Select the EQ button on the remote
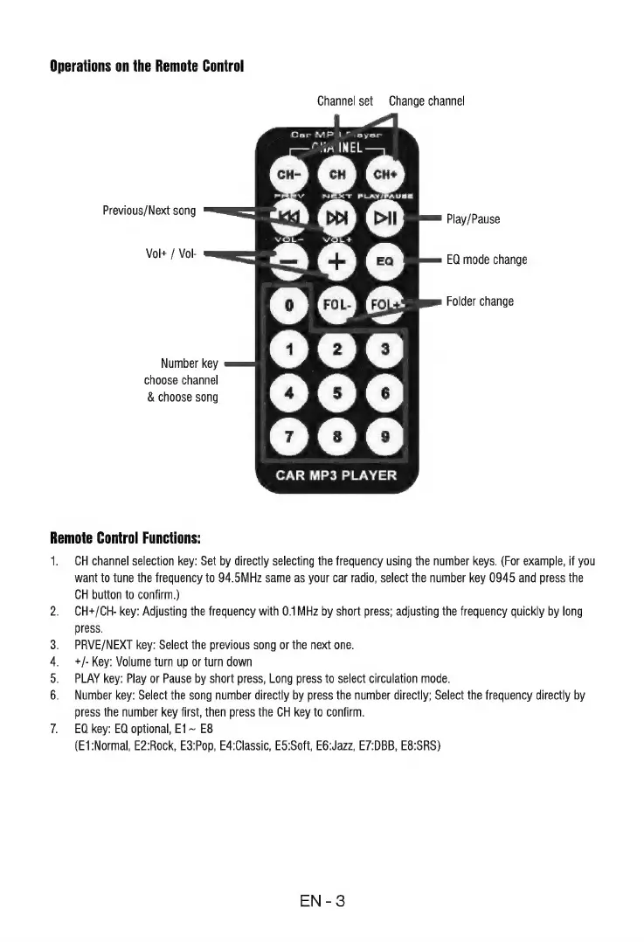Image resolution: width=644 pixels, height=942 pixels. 385,260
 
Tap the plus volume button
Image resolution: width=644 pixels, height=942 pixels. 336,260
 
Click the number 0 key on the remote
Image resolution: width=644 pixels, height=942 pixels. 287,306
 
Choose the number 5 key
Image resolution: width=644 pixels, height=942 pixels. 336,391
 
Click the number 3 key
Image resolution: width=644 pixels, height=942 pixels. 385,350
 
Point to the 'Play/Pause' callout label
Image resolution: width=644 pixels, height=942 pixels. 473,218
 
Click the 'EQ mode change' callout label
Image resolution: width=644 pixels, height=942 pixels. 487,260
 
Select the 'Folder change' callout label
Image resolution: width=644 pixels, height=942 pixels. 480,301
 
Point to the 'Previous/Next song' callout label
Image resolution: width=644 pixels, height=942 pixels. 149,211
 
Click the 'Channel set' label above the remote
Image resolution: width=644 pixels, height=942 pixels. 345,100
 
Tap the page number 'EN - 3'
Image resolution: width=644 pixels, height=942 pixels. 322,901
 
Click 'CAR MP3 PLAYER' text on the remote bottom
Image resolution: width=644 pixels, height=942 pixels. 336,476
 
